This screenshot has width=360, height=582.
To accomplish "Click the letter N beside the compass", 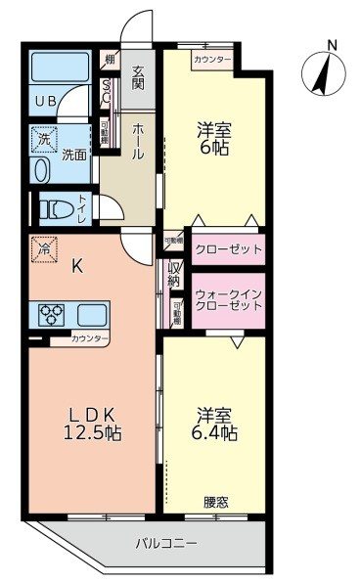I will tap(332, 45).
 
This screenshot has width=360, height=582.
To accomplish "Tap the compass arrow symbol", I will tap(320, 72).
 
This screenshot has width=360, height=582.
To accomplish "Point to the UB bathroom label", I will tap(46, 101).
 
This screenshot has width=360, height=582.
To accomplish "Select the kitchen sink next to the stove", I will tap(93, 316).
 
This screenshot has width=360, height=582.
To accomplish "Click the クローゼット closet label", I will tap(228, 249).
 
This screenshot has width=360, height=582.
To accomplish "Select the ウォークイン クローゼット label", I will tap(228, 299).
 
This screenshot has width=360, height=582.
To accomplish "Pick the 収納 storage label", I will tap(175, 276).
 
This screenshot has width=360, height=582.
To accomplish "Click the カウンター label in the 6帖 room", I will tap(212, 60).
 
